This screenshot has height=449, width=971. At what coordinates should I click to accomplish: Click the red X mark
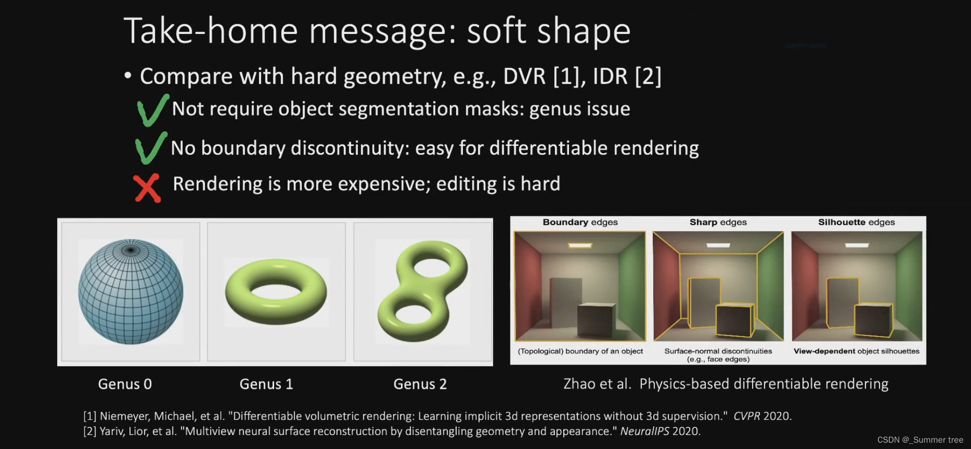pos(147,188)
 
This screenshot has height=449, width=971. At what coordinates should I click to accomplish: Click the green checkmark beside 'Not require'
pos(152,111)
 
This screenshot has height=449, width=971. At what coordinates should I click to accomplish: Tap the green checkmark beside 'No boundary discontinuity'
pos(151,148)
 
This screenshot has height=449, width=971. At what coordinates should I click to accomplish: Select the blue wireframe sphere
pos(131,291)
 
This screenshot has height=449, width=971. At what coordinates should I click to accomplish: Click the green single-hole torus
pos(276,291)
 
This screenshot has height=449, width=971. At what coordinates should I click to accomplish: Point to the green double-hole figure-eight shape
pos(423,291)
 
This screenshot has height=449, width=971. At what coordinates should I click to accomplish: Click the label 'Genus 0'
pos(125,384)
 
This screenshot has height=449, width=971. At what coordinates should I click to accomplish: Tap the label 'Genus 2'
pos(420,384)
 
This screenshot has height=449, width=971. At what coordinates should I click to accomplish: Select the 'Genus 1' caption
pos(266,384)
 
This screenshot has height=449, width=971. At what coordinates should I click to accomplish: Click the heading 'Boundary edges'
pos(580,222)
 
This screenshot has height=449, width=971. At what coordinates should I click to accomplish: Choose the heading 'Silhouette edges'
pos(856,222)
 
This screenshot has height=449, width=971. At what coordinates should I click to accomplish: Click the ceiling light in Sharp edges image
pos(718,245)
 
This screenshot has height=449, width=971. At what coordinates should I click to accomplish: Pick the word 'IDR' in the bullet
pos(610,77)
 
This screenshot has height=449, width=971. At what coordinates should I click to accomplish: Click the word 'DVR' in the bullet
pos(524,77)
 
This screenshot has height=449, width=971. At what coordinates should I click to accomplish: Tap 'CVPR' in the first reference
pos(747,416)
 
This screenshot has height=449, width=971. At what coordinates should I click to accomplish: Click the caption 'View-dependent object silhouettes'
pos(856,351)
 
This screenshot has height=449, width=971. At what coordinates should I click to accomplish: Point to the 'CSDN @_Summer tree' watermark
pos(920,440)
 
